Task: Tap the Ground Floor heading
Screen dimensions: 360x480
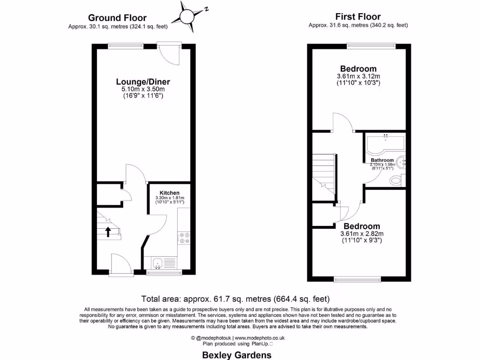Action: tap(117, 18)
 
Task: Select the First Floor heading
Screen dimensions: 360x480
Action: tap(358, 16)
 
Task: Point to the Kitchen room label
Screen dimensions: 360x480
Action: tap(169, 193)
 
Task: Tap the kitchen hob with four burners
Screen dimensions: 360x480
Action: tap(183, 238)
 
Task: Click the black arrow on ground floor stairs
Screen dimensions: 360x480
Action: tap(108, 231)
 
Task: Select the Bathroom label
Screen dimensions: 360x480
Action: tap(382, 160)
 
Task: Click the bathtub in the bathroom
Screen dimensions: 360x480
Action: tap(381, 145)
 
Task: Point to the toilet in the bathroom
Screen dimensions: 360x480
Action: tap(397, 179)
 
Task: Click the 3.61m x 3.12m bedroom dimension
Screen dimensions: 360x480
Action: tap(358, 76)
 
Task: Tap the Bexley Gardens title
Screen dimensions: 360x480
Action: tap(236, 355)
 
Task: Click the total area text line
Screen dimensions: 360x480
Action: tap(236, 299)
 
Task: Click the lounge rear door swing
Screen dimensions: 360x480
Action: tap(169, 54)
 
